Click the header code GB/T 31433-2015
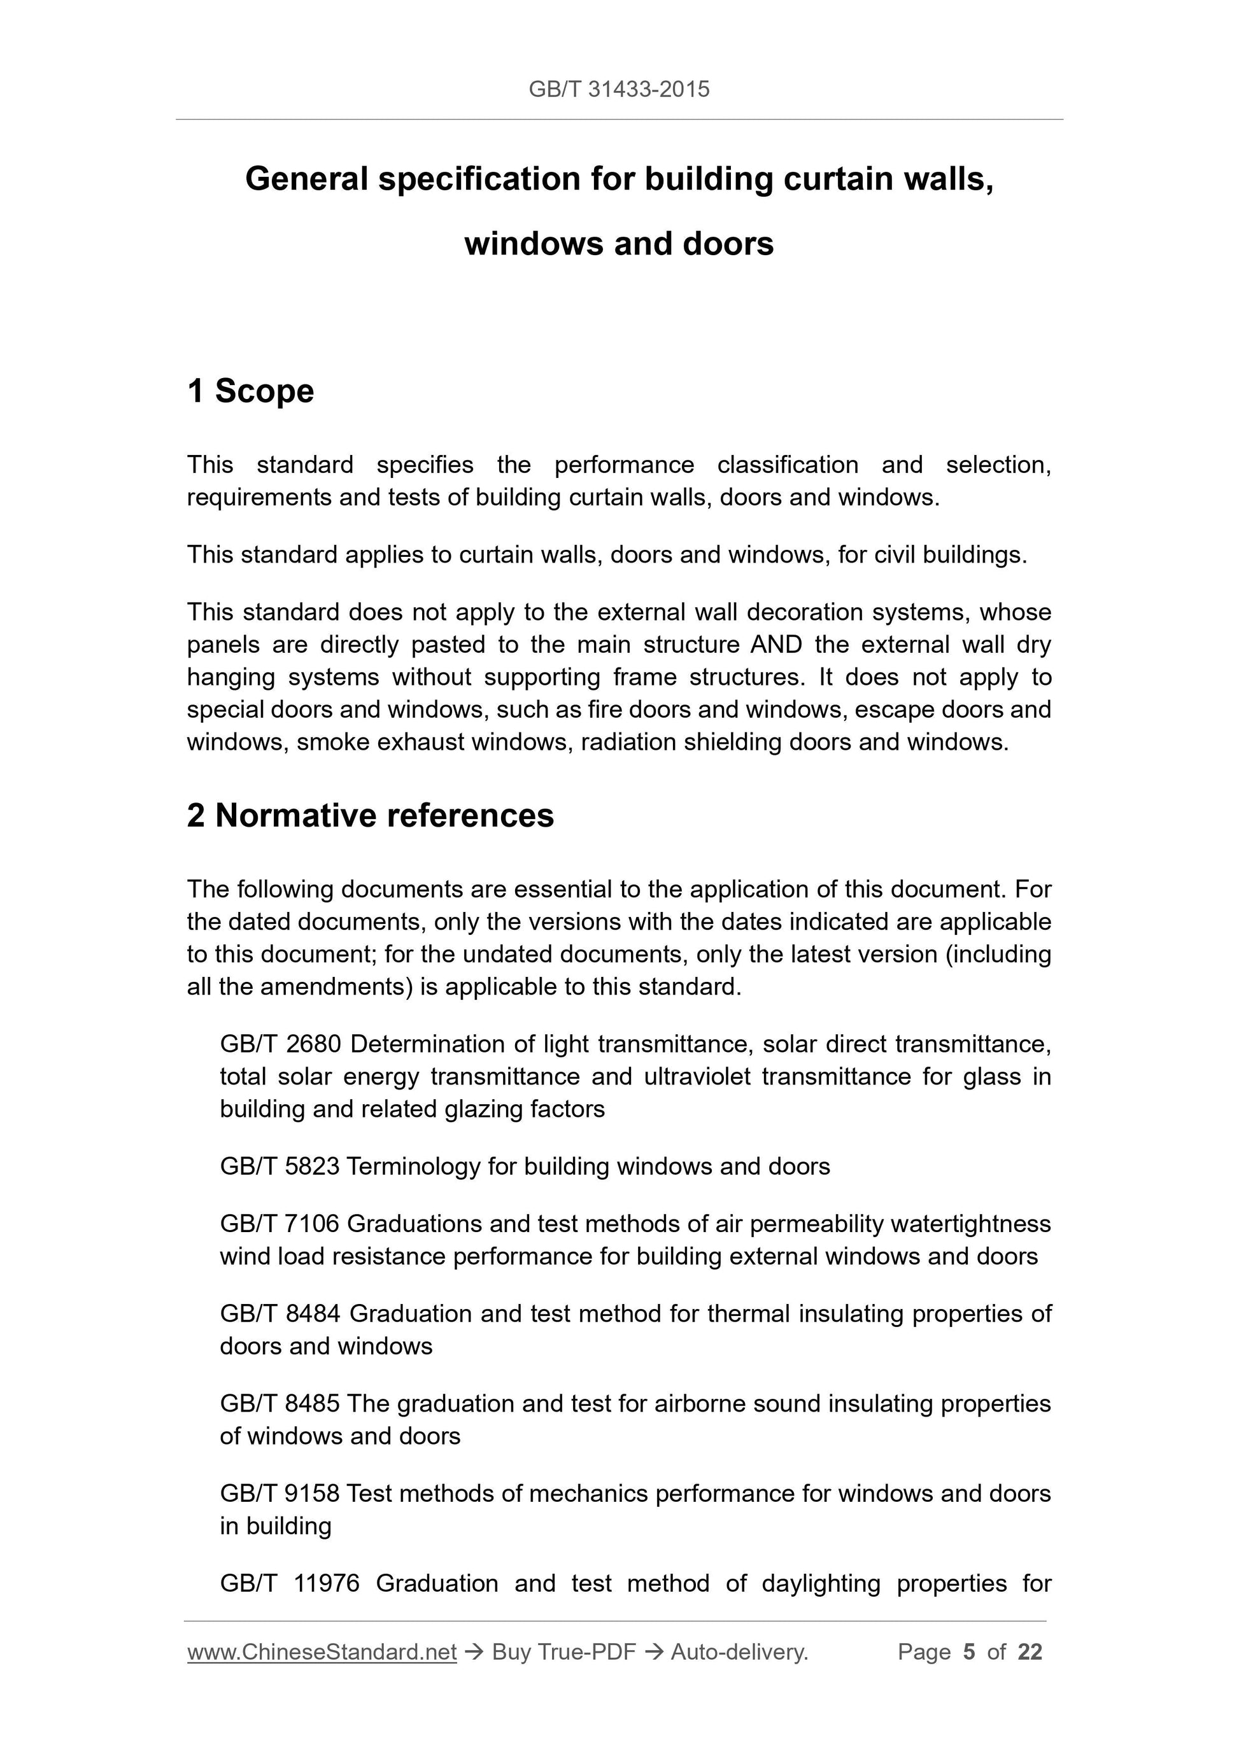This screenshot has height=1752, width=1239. pyautogui.click(x=618, y=89)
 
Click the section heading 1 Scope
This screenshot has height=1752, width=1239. pyautogui.click(x=250, y=391)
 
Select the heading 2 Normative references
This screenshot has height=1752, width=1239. pyautogui.click(x=371, y=815)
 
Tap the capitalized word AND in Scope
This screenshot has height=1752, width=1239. pyautogui.click(x=775, y=645)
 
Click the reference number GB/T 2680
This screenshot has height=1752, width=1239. pyautogui.click(x=280, y=1044)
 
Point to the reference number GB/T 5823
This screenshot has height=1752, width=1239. pyautogui.click(x=280, y=1166)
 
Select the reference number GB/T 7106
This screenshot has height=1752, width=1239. pyautogui.click(x=280, y=1224)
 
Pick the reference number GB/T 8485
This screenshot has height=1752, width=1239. pyautogui.click(x=280, y=1403)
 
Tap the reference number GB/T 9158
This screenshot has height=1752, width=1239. pyautogui.click(x=280, y=1494)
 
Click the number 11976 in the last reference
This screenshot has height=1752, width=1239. pyautogui.click(x=326, y=1583)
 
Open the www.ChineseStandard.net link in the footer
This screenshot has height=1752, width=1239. pyautogui.click(x=322, y=1652)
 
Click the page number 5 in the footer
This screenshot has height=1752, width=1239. pyautogui.click(x=969, y=1652)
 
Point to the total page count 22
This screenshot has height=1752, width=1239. pyautogui.click(x=1030, y=1652)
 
